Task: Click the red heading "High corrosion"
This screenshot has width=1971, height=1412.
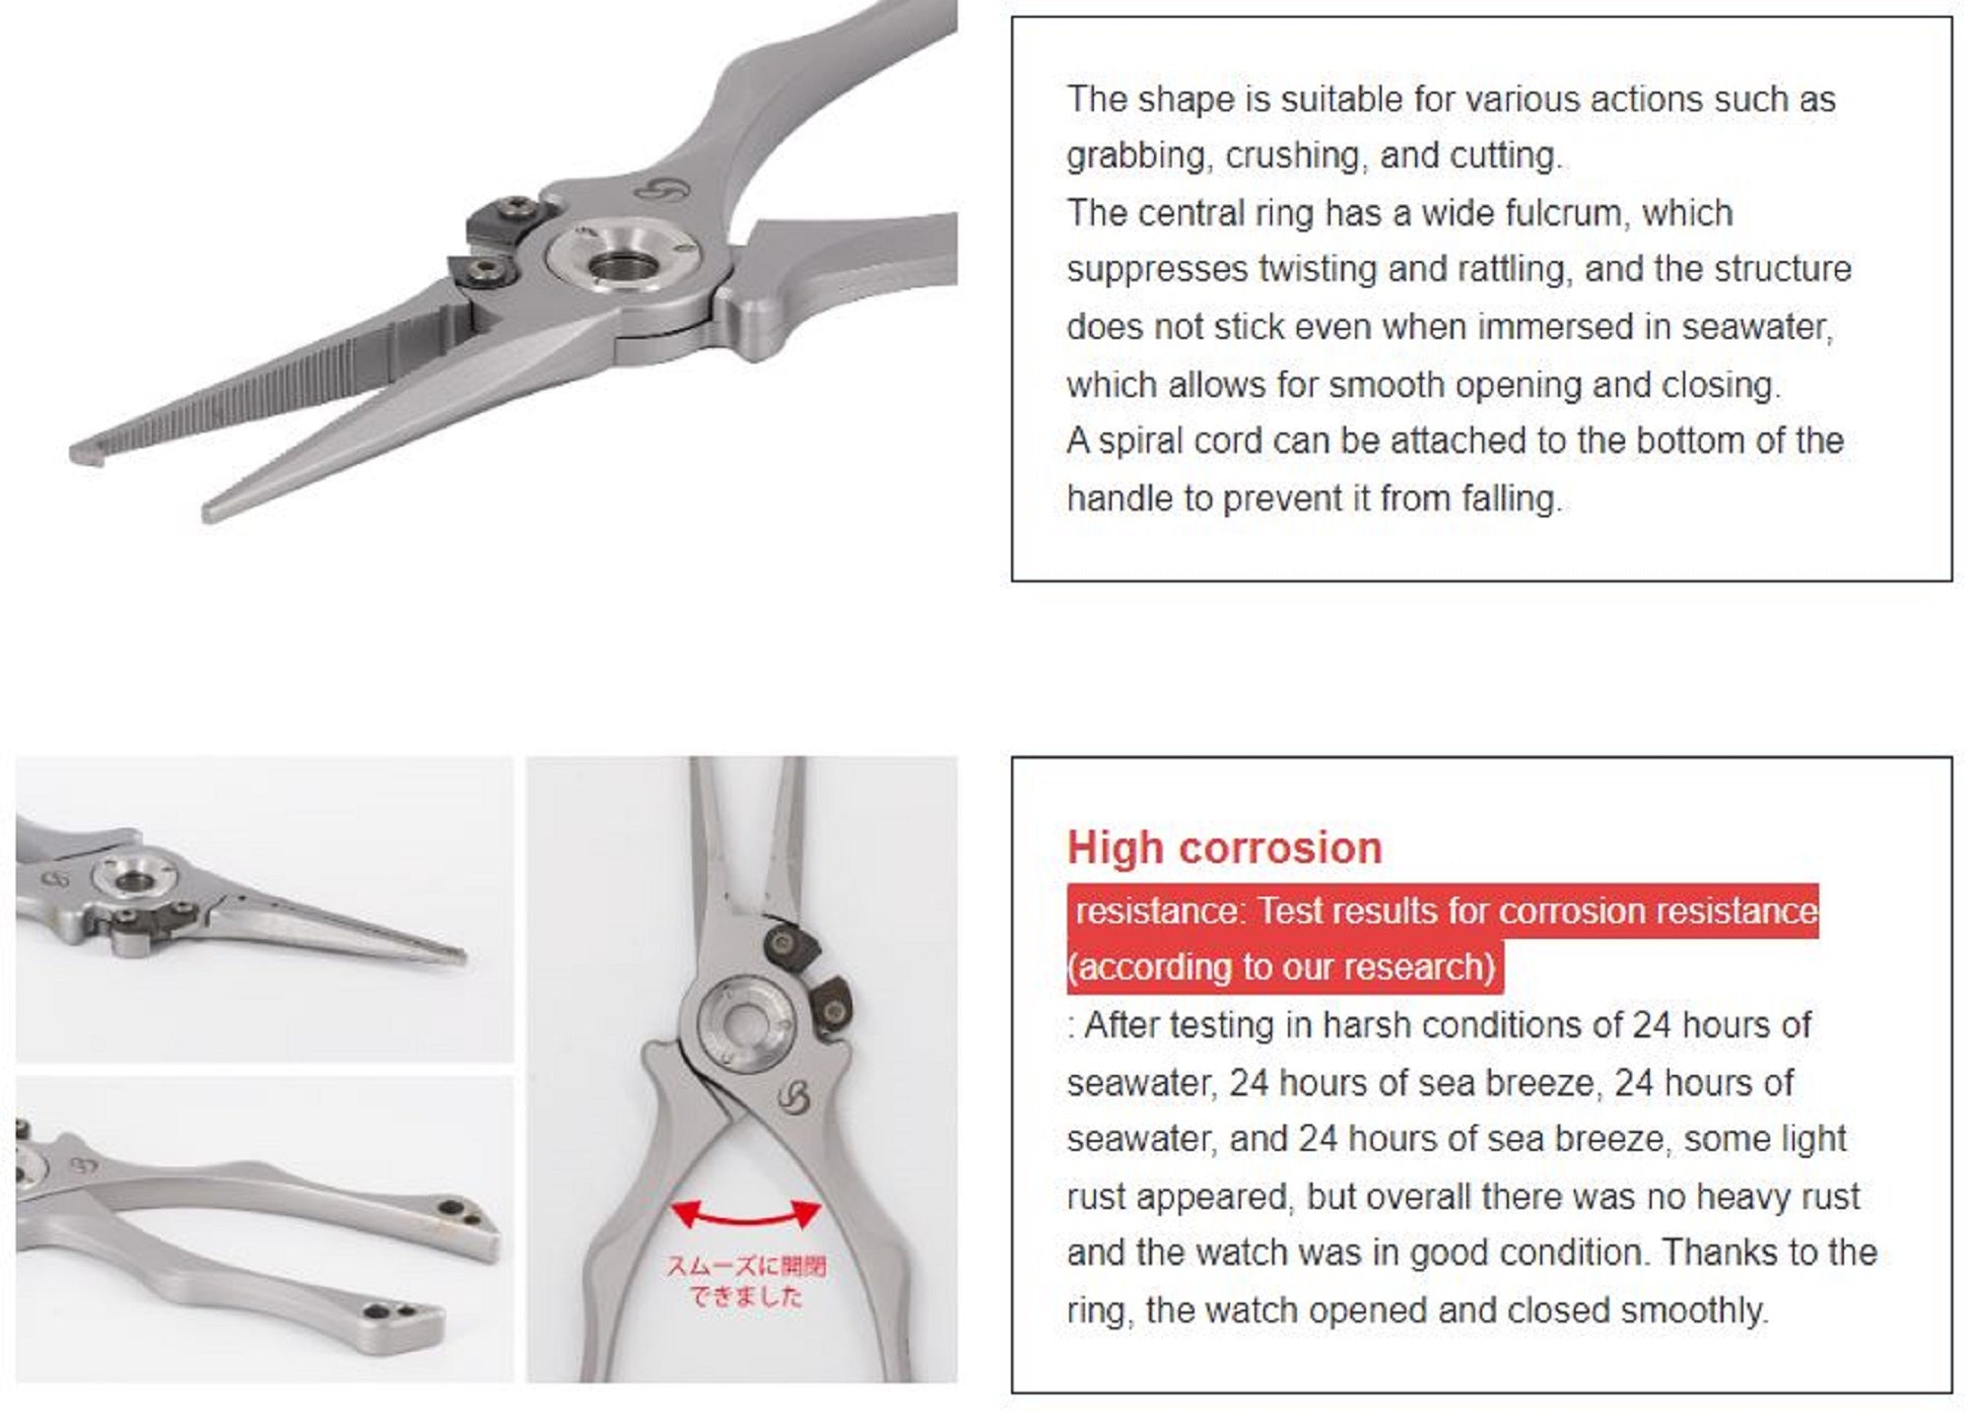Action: click(x=1224, y=848)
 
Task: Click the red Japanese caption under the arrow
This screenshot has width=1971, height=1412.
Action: click(x=746, y=1281)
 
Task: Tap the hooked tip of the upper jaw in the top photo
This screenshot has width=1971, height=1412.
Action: click(x=83, y=454)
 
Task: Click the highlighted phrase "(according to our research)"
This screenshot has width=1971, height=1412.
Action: click(x=1283, y=968)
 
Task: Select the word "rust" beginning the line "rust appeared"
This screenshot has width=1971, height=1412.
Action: click(x=1095, y=1196)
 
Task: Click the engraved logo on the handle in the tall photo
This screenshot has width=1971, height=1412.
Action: click(x=791, y=1096)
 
